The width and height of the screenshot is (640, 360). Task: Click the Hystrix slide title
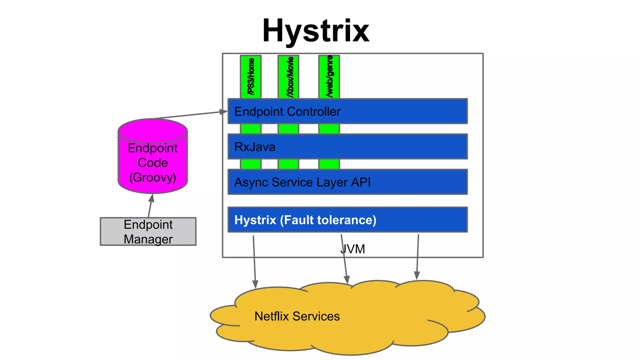[316, 31]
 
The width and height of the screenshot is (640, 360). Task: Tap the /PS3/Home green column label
[251, 77]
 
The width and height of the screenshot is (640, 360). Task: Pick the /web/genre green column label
[329, 76]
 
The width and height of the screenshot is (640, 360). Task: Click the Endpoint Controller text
[287, 112]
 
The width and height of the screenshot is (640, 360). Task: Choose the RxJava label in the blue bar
[255, 147]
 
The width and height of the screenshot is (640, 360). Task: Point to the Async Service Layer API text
[302, 182]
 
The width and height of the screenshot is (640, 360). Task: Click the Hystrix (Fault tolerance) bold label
[305, 220]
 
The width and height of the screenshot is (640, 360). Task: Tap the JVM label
[352, 249]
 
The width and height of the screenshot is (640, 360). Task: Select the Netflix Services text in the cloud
[297, 316]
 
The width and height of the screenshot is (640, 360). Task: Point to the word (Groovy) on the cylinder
[152, 177]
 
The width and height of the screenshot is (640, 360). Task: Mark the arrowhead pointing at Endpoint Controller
[223, 112]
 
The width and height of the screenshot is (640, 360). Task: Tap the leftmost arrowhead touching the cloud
[255, 284]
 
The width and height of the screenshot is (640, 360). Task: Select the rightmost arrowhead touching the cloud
[417, 275]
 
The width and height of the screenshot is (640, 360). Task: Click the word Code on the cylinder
[152, 163]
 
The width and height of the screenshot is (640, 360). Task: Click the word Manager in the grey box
[148, 239]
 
